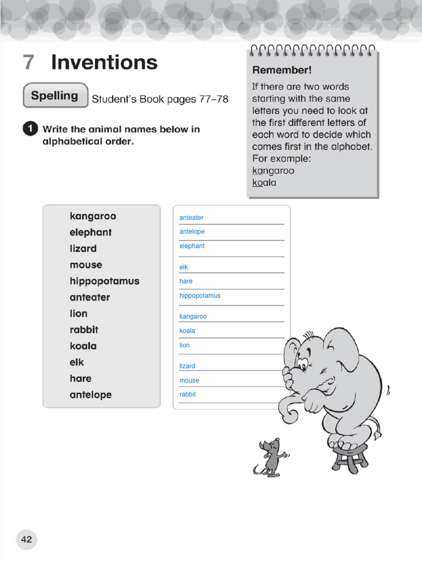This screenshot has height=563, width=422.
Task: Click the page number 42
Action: [x=26, y=539]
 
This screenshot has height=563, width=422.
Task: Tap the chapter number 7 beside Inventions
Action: [x=29, y=63]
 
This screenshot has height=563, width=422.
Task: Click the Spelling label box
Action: [x=55, y=96]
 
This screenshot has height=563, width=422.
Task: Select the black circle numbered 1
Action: [x=30, y=129]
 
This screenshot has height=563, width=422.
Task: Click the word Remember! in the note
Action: [x=281, y=70]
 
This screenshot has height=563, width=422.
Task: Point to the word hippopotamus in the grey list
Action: [x=104, y=281]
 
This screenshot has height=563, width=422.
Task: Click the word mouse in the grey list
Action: [x=86, y=265]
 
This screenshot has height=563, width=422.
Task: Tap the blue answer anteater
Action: [x=191, y=218]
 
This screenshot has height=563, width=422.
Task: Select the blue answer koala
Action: [x=187, y=331]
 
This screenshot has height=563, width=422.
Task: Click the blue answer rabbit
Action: [x=187, y=394]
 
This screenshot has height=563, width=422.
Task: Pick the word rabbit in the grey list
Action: [x=84, y=330]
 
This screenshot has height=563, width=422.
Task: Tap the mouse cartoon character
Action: [x=270, y=456]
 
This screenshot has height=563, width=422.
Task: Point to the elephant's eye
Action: [x=302, y=363]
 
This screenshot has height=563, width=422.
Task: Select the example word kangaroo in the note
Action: [x=273, y=170]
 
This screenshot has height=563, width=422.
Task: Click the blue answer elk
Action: [x=184, y=267]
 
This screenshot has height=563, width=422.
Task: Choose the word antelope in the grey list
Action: [x=91, y=395]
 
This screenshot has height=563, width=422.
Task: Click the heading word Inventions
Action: [x=104, y=63]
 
